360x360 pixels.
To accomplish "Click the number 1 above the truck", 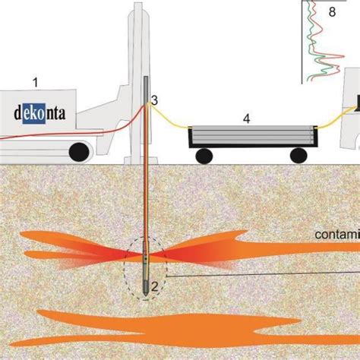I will pyautogui.click(x=33, y=80).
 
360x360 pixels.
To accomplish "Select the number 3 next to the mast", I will pyautogui.click(x=154, y=99).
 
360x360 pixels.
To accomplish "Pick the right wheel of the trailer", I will pyautogui.click(x=298, y=155).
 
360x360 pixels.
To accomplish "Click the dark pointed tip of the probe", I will pyautogui.click(x=145, y=292).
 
